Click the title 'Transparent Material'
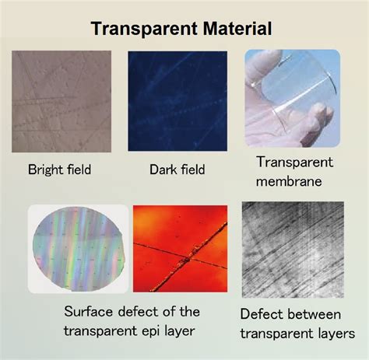coord(181,30)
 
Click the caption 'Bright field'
coord(59,170)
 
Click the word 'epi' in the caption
coord(147,331)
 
